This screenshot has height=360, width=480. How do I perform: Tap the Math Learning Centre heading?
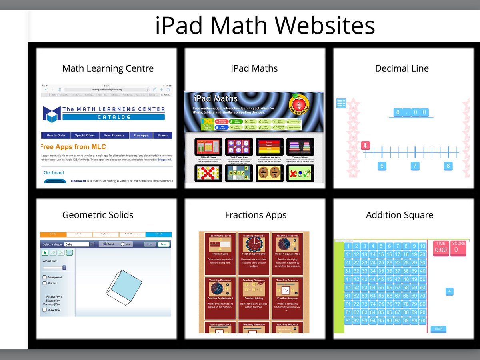pyautogui.click(x=108, y=68)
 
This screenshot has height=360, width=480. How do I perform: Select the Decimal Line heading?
pyautogui.click(x=402, y=68)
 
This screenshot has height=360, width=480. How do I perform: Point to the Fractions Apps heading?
pyautogui.click(x=256, y=215)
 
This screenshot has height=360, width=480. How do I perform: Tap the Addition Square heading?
pyautogui.click(x=400, y=215)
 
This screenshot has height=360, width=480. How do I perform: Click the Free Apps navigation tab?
pyautogui.click(x=141, y=136)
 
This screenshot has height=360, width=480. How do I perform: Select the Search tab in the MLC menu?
pyautogui.click(x=162, y=136)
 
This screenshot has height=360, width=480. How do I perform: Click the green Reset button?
pyautogui.click(x=163, y=244)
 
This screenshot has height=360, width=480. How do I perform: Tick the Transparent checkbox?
pyautogui.click(x=44, y=277)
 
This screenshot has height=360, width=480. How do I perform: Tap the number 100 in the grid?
pyautogui.click(x=422, y=321)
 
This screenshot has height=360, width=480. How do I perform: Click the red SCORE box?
pyautogui.click(x=458, y=248)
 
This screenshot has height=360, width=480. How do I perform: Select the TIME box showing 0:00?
pyautogui.click(x=441, y=248)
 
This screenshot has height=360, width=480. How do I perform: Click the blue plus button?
pyautogui.click(x=450, y=292)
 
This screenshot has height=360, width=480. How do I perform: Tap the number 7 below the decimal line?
pyautogui.click(x=415, y=166)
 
